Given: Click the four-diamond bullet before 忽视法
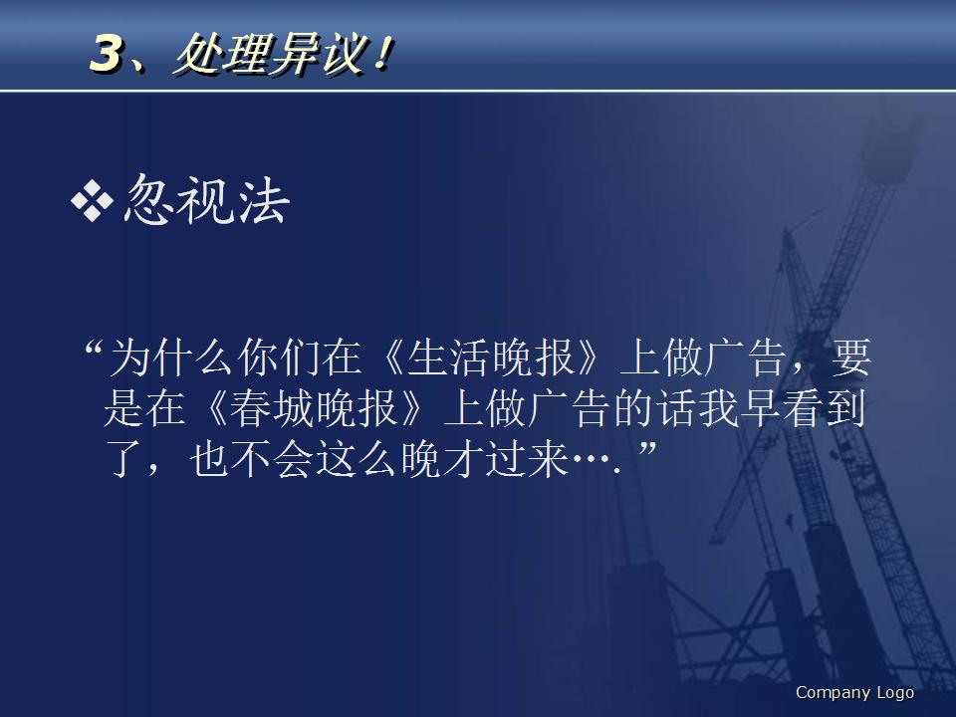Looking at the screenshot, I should click(93, 202).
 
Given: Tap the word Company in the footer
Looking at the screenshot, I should click(832, 693).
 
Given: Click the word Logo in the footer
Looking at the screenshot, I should click(894, 693).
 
